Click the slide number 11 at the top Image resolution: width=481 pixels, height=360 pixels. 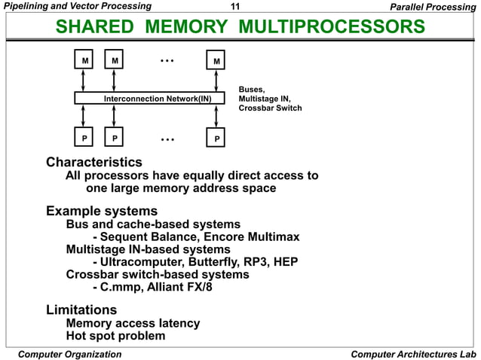click(234, 7)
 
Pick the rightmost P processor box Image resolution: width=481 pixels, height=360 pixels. click(216, 139)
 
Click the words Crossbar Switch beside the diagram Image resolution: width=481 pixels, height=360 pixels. click(270, 108)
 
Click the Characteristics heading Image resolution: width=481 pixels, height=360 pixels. click(93, 162)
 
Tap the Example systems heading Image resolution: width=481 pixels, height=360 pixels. click(102, 211)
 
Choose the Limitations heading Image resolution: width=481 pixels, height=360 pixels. click(81, 310)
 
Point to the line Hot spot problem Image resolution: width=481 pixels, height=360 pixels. click(115, 336)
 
